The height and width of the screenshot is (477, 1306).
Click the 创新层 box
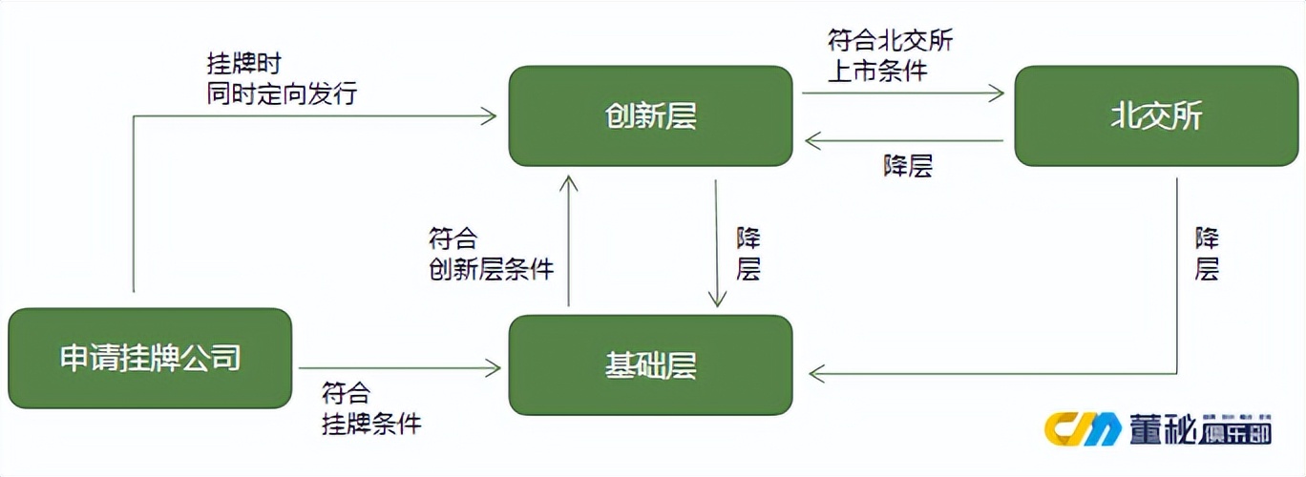tap(650, 115)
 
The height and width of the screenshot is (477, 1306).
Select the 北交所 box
tap(1156, 115)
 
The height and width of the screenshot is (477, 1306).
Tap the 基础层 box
tap(650, 365)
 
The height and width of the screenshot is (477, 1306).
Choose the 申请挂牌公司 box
tap(150, 358)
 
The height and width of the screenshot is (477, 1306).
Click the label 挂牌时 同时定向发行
tap(282, 78)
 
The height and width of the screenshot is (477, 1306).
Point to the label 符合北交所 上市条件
tap(890, 54)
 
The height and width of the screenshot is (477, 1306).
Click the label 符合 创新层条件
tap(491, 253)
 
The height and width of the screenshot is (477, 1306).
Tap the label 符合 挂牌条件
tap(370, 407)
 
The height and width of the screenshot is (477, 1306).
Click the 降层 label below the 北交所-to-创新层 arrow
tap(907, 165)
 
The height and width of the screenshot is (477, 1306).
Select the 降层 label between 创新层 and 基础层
tap(748, 254)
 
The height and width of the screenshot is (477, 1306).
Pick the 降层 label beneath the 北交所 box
tap(1207, 254)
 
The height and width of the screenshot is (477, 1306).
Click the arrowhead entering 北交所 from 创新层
tap(998, 93)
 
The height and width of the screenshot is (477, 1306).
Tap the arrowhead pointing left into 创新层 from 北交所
tap(811, 141)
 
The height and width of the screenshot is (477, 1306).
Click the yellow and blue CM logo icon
tap(1083, 429)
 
